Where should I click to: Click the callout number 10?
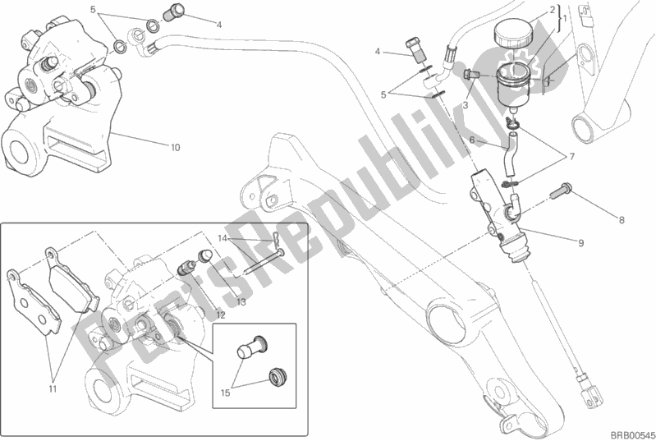[175, 147]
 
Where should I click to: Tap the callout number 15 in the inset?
[226, 393]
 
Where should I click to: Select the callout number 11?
[53, 389]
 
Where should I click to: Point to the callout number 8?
[622, 220]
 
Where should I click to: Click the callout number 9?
[580, 243]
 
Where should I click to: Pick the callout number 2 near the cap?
[553, 9]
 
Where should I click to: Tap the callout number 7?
[571, 157]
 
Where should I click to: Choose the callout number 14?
[222, 239]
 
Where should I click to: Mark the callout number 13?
[241, 301]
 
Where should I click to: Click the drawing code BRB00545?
[631, 435]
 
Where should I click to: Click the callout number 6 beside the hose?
[472, 140]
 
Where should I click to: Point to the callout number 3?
[466, 106]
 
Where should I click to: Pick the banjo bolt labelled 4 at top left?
[174, 11]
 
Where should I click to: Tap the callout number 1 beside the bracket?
[565, 18]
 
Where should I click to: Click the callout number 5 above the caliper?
[93, 9]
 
